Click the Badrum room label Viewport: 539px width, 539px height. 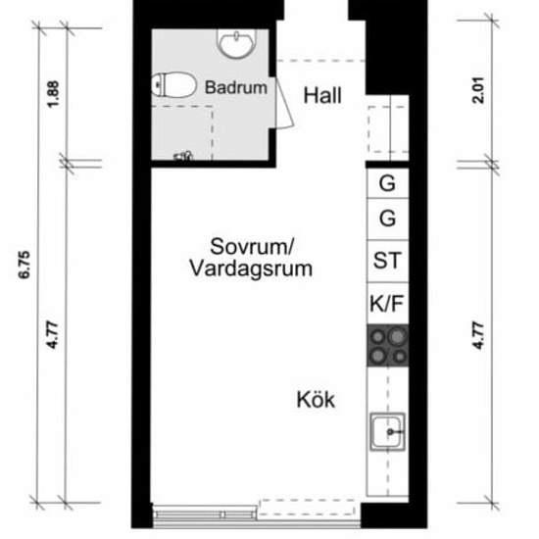236,87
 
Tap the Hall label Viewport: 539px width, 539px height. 322,95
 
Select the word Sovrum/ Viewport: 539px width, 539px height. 252,246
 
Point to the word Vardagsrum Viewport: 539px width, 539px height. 251,269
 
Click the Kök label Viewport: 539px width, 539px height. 316,400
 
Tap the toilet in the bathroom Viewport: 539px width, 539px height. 173,84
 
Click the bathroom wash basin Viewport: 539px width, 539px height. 236,43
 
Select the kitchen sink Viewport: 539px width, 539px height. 387,432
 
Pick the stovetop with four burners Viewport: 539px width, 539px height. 388,345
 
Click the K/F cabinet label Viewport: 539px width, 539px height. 387,304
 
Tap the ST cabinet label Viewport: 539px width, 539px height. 387,261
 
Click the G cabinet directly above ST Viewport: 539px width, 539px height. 387,219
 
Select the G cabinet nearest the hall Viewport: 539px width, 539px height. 387,183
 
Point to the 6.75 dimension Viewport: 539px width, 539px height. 24,265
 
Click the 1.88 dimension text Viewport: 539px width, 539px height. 53,94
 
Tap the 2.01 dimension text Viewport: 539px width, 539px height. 478,90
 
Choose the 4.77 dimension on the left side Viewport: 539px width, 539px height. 53,335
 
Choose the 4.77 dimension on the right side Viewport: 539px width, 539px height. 478,335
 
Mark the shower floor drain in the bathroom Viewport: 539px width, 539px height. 183,156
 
